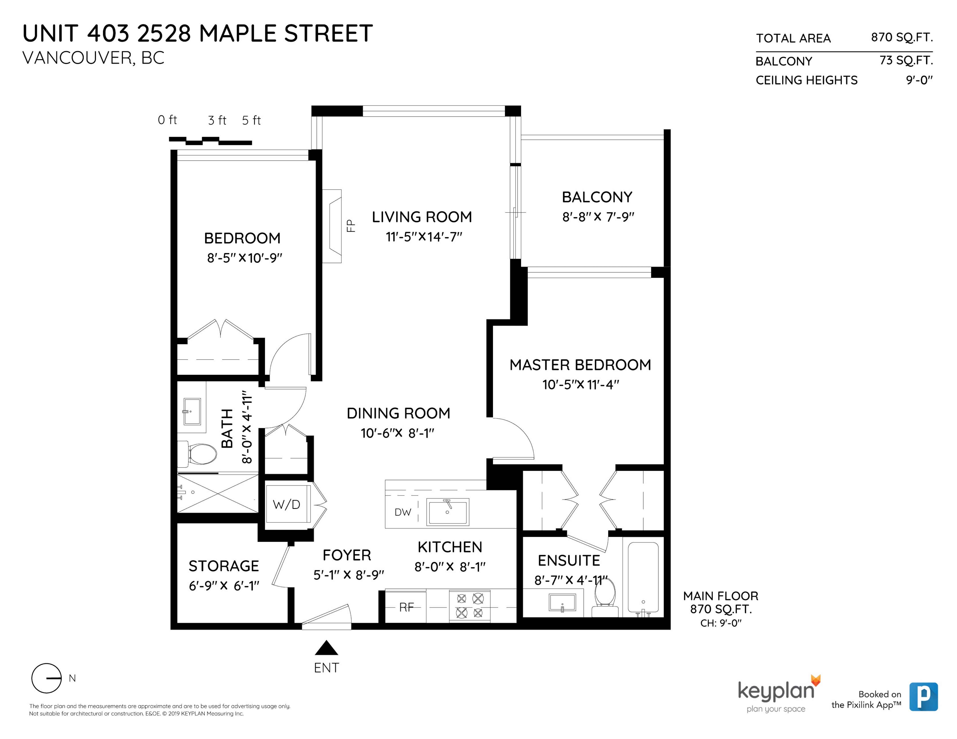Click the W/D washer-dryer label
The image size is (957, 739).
point(286,505)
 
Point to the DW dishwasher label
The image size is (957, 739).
point(403,512)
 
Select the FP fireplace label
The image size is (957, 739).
point(351,226)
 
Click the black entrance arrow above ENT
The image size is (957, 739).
point(326,648)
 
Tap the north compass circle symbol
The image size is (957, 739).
point(47,678)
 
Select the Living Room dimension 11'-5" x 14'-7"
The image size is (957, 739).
point(424,237)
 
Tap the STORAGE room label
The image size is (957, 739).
point(223,566)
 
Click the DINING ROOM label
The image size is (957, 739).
point(398,413)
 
